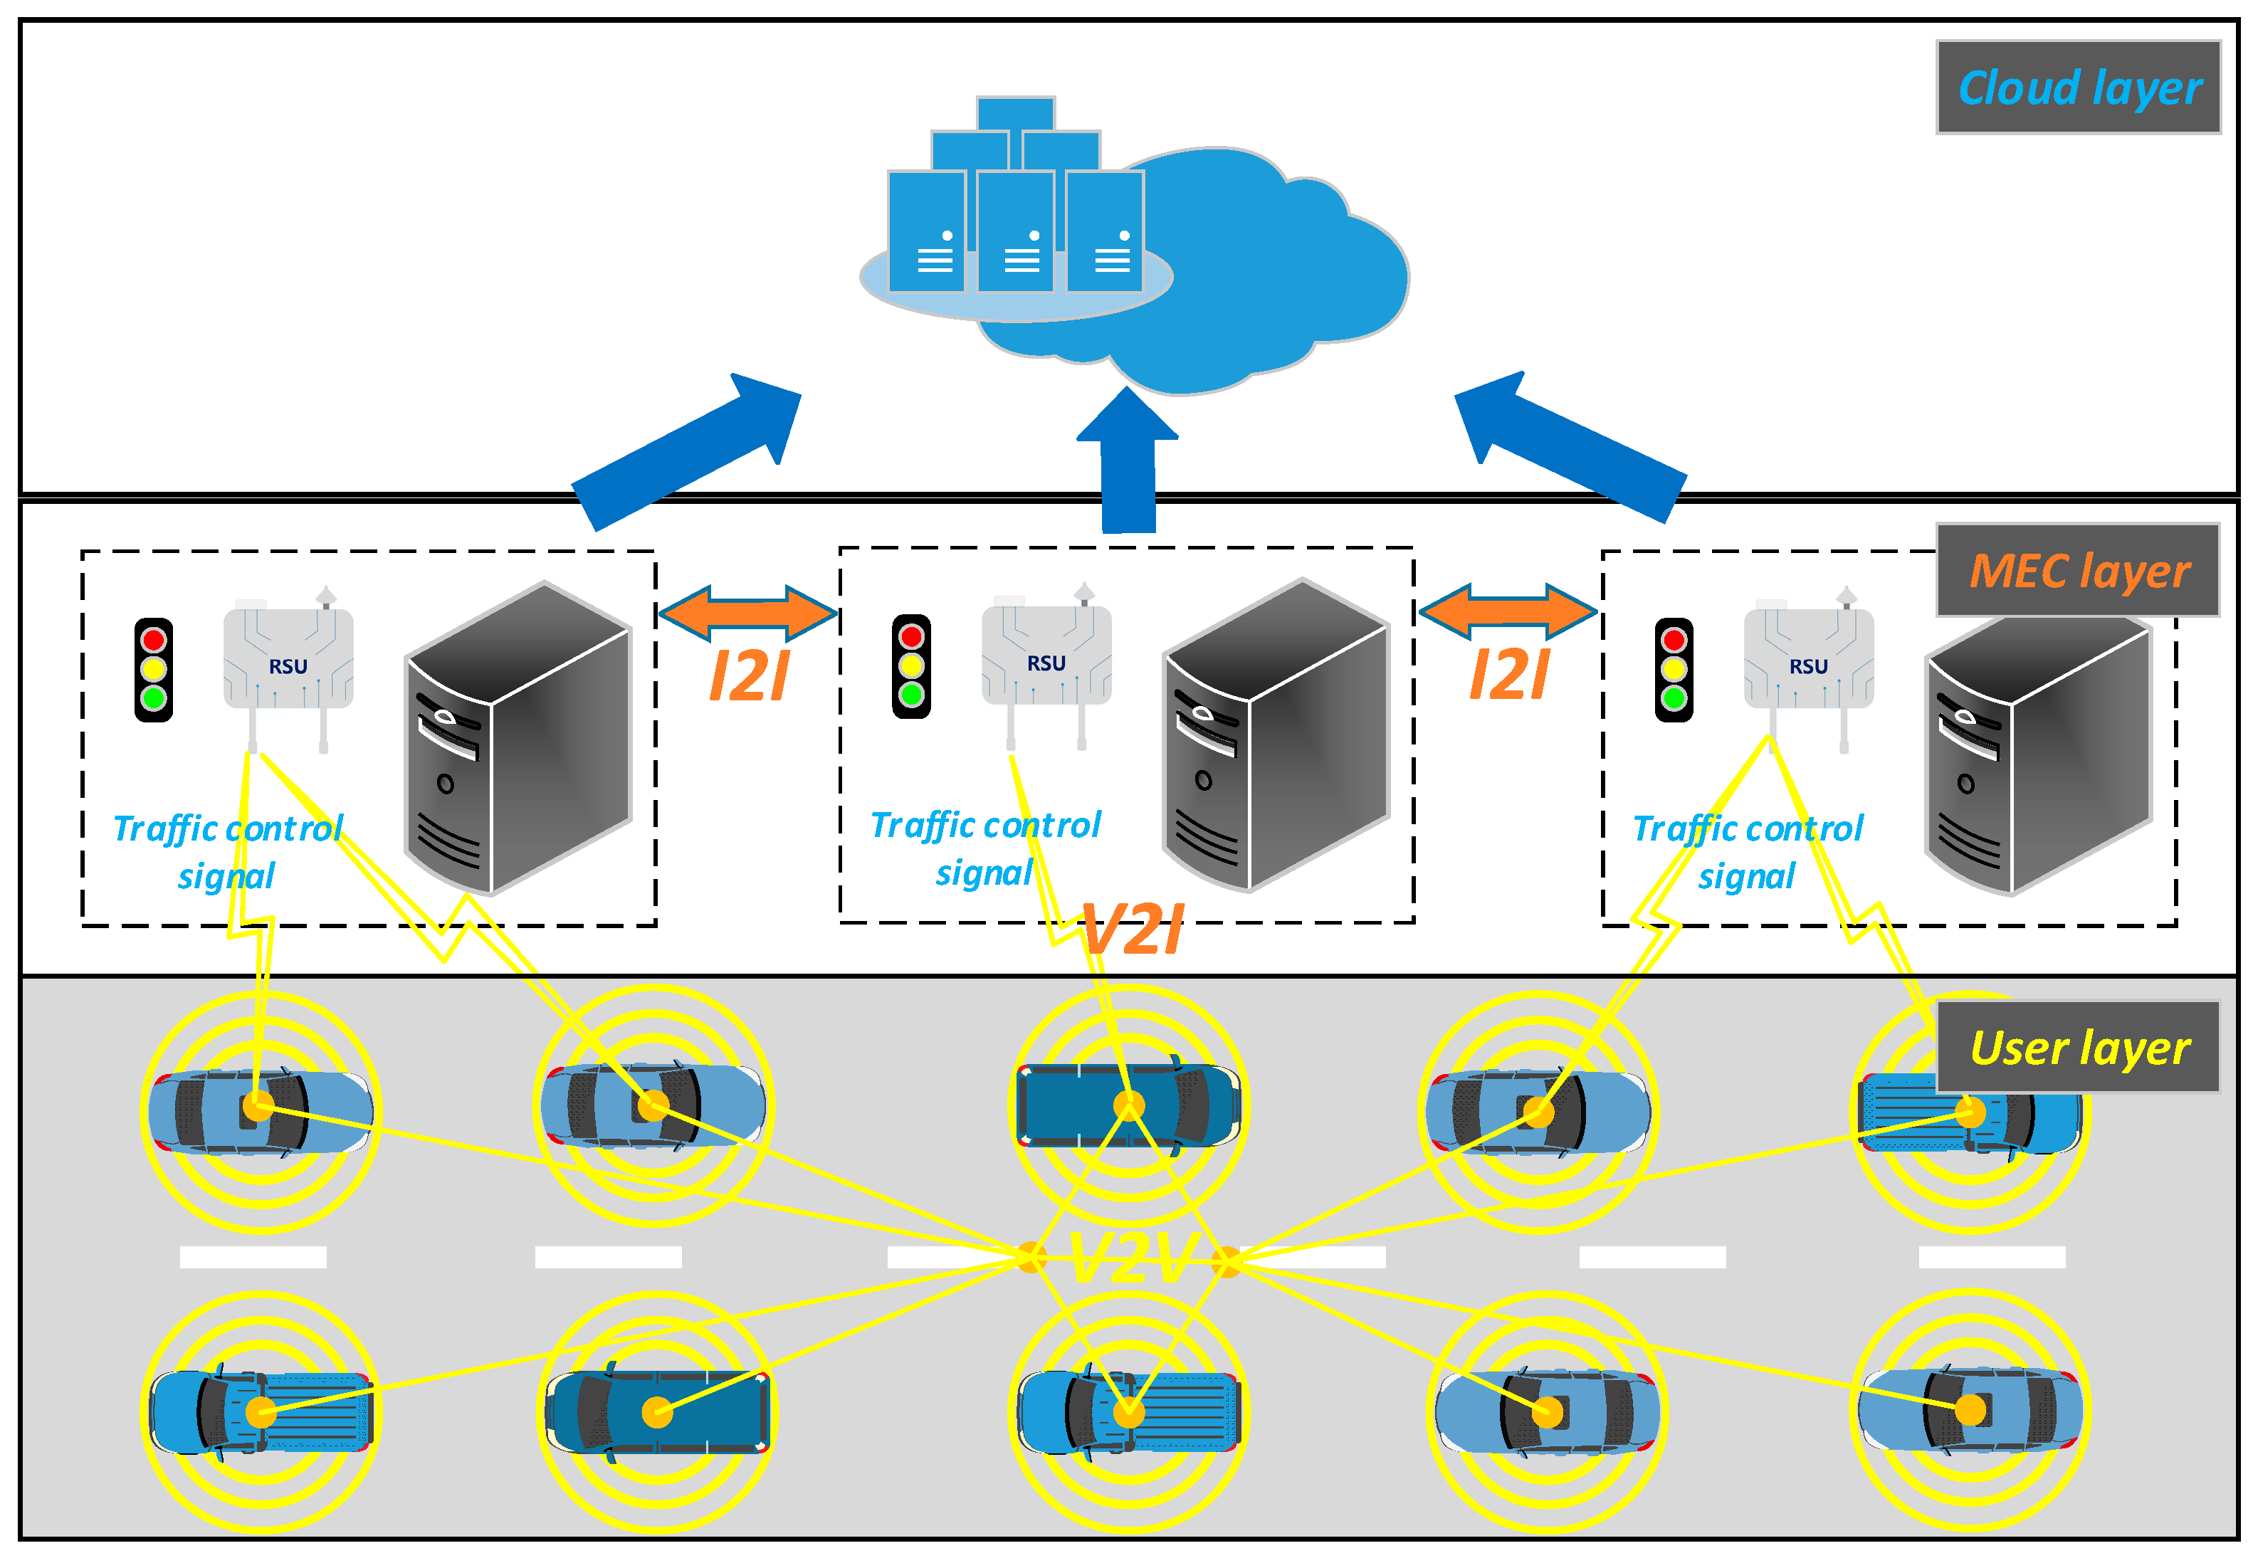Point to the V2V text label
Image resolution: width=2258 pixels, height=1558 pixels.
[1130, 1258]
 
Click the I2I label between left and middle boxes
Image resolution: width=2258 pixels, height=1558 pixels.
[749, 675]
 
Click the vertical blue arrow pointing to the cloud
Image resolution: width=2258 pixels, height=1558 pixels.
[1128, 463]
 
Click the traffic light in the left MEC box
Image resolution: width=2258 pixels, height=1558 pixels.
[153, 670]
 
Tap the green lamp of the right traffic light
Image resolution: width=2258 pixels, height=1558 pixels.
[1674, 698]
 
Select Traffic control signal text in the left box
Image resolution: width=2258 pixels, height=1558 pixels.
[228, 851]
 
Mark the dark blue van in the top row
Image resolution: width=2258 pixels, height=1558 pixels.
[1128, 1106]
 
